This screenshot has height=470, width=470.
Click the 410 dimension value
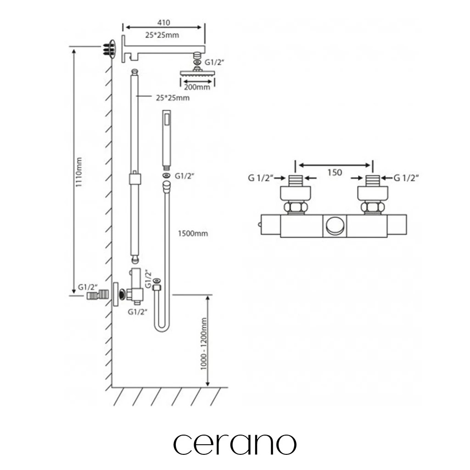click(164, 23)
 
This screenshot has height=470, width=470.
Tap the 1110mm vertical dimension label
click(78, 172)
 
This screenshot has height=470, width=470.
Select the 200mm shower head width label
click(197, 87)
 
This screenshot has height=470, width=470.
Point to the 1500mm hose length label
click(193, 234)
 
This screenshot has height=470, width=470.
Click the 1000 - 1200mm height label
click(204, 344)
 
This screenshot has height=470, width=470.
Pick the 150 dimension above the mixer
click(335, 173)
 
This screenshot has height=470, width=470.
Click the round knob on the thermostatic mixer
click(335, 226)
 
